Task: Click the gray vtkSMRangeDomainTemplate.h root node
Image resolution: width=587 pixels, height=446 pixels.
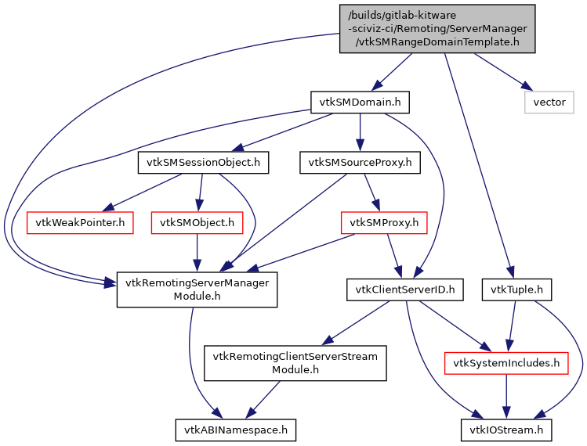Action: tap(437, 29)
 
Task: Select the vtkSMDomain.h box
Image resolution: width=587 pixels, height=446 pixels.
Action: tap(360, 103)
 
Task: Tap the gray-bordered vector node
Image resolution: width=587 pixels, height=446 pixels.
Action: tap(549, 103)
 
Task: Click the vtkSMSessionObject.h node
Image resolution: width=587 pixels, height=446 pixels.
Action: tap(203, 163)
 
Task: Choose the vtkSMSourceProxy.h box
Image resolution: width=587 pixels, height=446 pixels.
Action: tap(360, 163)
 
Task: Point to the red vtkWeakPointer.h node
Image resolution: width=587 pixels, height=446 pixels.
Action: tap(79, 222)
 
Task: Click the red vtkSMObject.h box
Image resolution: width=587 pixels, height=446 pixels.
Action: tap(197, 222)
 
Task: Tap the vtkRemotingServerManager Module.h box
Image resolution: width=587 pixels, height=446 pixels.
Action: tap(197, 290)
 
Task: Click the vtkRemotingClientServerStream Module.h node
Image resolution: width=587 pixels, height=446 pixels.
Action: tap(296, 363)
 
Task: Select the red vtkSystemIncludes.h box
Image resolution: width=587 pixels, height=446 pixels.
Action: tap(506, 363)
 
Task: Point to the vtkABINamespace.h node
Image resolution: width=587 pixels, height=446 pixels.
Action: tap(236, 430)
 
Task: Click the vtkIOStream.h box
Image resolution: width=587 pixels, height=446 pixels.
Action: tap(506, 430)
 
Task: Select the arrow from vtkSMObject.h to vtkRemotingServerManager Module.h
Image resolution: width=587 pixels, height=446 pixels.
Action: tap(197, 254)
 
